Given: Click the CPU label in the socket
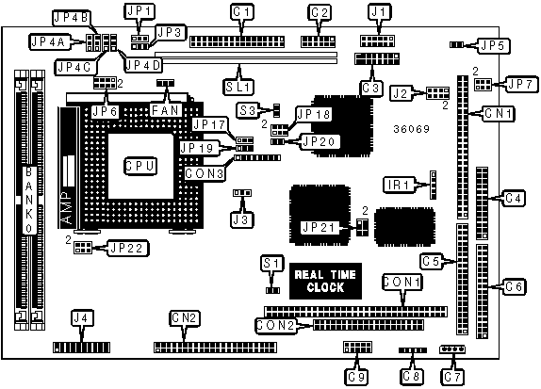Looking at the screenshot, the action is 140,167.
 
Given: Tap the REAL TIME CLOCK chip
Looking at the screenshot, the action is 325,281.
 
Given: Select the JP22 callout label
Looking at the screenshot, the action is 128,248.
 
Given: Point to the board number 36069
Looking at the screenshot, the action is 411,129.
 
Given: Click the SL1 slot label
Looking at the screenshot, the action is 238,87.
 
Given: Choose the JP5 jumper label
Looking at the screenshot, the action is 494,45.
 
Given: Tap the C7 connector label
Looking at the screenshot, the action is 453,377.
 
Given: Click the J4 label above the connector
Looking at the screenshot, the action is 82,317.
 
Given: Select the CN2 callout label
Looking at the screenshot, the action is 185,318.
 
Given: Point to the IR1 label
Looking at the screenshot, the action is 399,185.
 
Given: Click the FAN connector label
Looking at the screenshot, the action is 166,110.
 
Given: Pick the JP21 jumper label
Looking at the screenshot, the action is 319,227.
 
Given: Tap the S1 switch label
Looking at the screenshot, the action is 272,264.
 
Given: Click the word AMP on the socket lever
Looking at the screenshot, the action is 68,207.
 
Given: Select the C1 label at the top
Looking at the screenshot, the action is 242,12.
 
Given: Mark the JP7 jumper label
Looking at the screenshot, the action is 521,84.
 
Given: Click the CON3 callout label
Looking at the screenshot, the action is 205,173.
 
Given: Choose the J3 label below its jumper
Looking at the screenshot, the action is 242,219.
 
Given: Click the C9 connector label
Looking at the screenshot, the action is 356,377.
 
